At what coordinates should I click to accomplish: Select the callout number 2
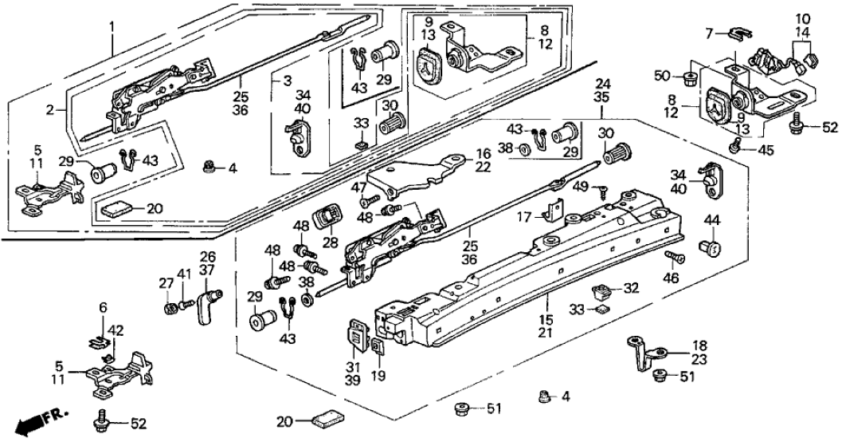[x=49, y=110]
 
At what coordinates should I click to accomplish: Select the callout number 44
[x=711, y=219]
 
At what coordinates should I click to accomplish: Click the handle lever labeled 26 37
[x=209, y=304]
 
